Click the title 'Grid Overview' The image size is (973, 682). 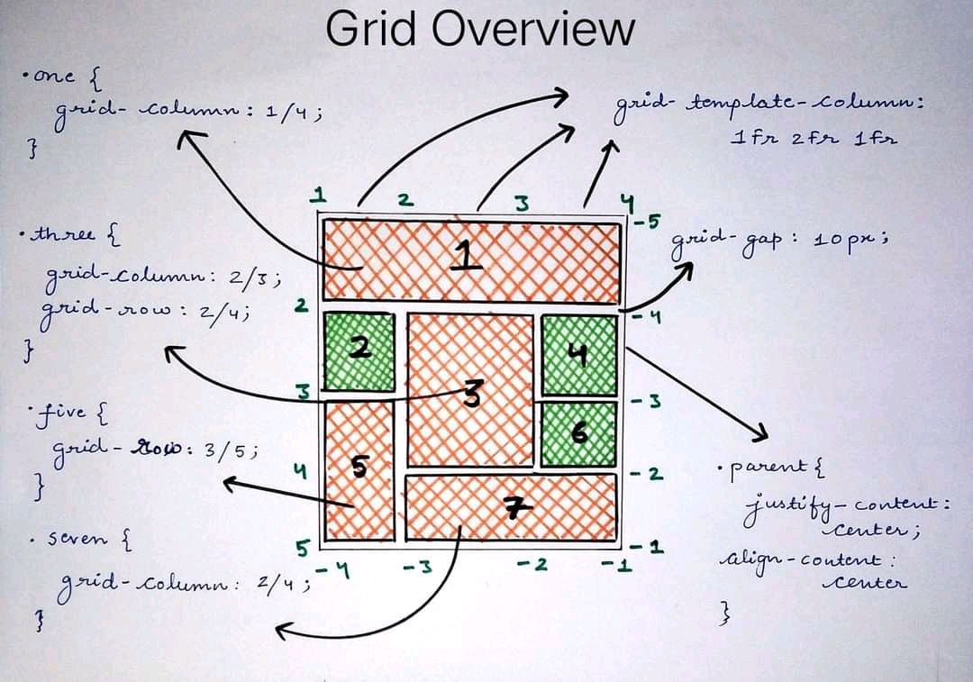(479, 29)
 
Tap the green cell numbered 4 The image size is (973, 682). (578, 356)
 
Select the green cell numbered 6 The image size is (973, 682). (578, 433)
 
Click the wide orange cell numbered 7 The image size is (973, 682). (510, 507)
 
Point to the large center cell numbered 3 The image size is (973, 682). (469, 390)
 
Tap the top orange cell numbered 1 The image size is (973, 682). (471, 259)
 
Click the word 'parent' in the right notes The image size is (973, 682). (768, 466)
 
